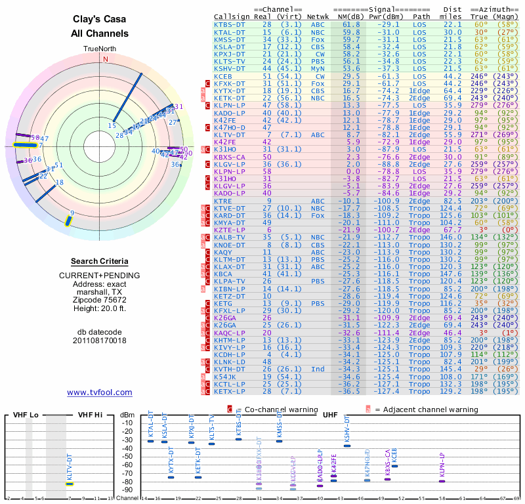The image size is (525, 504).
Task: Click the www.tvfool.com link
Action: [99, 392]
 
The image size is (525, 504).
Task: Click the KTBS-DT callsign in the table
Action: [230, 24]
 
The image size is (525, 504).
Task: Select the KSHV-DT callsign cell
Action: [230, 68]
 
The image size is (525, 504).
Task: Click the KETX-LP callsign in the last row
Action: [230, 391]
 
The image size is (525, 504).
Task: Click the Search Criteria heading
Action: [99, 261]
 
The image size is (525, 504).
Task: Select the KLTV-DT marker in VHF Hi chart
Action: [69, 484]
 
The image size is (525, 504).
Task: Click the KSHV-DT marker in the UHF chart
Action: [347, 446]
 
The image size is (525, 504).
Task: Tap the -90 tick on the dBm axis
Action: [127, 490]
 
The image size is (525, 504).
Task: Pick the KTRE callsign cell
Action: [223, 201]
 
